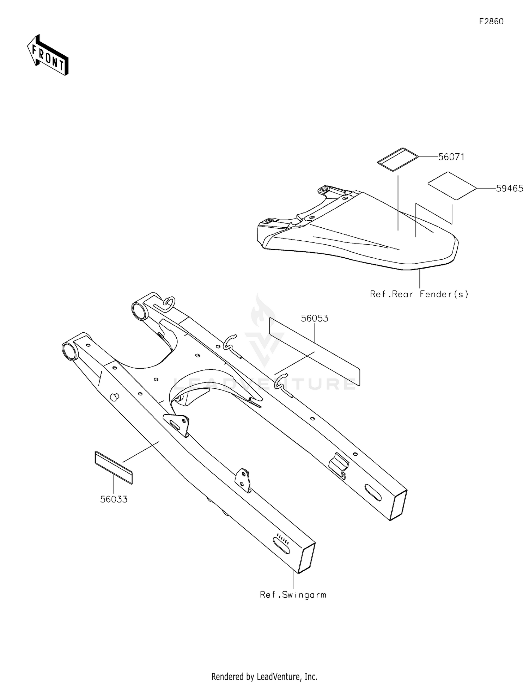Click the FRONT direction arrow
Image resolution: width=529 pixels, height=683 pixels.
coord(48,55)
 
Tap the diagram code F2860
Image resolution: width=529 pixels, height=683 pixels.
coord(491,21)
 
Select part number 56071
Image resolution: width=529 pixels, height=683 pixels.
coord(451,157)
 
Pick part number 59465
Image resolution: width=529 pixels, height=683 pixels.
coord(510,189)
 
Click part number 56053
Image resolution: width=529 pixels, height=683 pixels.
coord(315,318)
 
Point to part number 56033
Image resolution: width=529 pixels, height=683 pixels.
coord(114,499)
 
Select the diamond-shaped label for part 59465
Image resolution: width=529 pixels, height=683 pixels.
coord(452,186)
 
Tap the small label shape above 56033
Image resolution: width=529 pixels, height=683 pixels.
coord(114,467)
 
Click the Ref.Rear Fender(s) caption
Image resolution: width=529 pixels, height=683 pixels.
coord(419,294)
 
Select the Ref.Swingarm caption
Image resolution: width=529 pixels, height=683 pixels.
coord(293,595)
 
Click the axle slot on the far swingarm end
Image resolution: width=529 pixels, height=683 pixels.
coord(373,492)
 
